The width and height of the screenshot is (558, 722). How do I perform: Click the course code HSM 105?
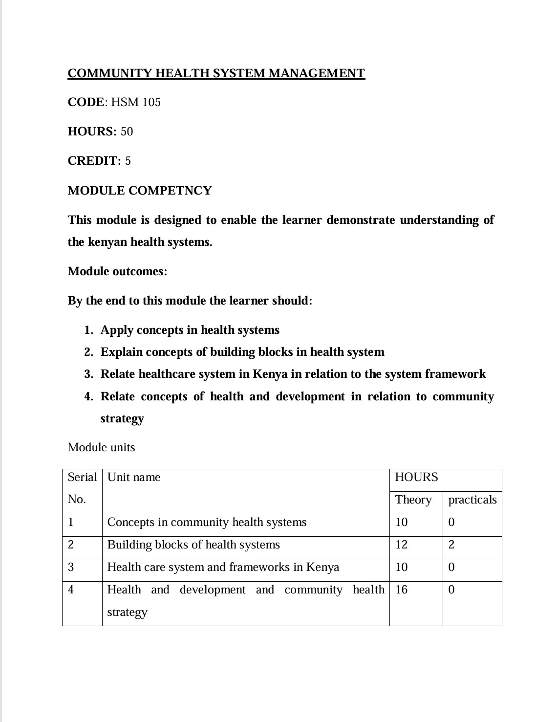pyautogui.click(x=136, y=102)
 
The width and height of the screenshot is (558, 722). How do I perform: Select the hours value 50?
pyautogui.click(x=127, y=131)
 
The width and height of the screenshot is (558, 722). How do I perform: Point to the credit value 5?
pyautogui.click(x=128, y=161)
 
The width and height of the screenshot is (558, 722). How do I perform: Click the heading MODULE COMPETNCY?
pyautogui.click(x=140, y=191)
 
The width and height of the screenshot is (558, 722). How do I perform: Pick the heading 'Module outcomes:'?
pyautogui.click(x=117, y=271)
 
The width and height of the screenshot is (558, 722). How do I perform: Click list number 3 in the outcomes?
pyautogui.click(x=88, y=374)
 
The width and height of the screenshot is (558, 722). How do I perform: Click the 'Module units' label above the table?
pyautogui.click(x=101, y=447)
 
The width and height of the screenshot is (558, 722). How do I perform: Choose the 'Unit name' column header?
pyautogui.click(x=133, y=477)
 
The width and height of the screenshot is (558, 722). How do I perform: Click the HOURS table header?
pyautogui.click(x=416, y=477)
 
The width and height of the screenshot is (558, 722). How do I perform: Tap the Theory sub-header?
pyautogui.click(x=413, y=500)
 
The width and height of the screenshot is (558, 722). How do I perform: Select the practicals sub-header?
pyautogui.click(x=472, y=500)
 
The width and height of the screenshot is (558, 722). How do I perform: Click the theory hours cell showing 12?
pyautogui.click(x=401, y=545)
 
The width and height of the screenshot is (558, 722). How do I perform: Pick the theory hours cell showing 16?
pyautogui.click(x=401, y=590)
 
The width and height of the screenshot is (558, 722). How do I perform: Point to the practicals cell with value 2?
pyautogui.click(x=451, y=545)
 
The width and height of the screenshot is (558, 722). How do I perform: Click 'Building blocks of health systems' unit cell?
pyautogui.click(x=193, y=545)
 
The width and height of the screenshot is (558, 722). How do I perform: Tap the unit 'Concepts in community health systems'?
pyautogui.click(x=207, y=522)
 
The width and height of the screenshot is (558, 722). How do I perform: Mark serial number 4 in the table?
pyautogui.click(x=71, y=590)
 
